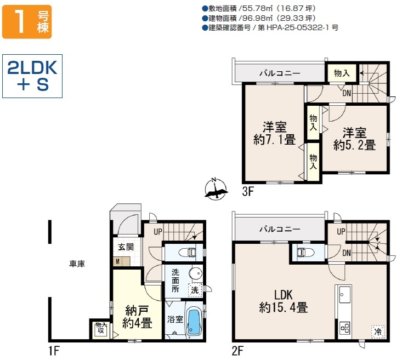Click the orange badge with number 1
[x=27, y=22]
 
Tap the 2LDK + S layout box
[x=32, y=76]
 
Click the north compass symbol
[x=216, y=189]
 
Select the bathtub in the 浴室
[x=194, y=322]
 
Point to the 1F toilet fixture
[x=189, y=252]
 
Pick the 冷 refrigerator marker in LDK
[x=378, y=332]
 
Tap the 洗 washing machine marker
[x=195, y=290]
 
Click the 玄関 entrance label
[x=126, y=247]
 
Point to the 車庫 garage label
[x=77, y=264]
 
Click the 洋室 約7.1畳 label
[x=275, y=134]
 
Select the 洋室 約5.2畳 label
[x=355, y=139]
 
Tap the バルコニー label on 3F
[x=280, y=73]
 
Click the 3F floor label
[x=248, y=191]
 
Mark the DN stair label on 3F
[x=347, y=93]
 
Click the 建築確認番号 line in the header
[x=270, y=28]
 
